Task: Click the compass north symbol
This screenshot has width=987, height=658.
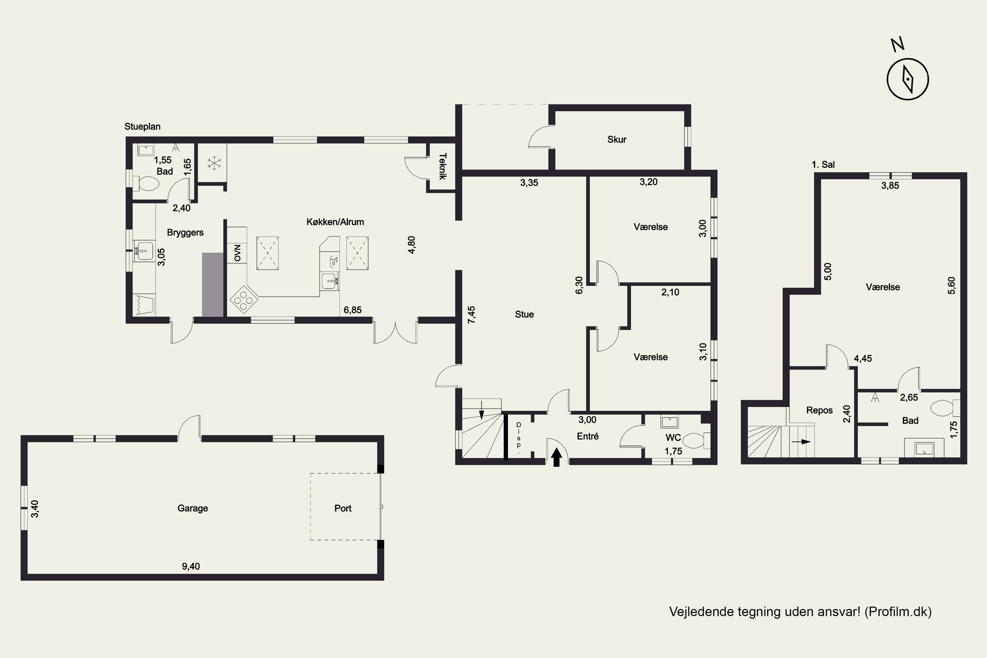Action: (x=907, y=79)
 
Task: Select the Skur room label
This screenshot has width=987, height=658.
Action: (x=617, y=139)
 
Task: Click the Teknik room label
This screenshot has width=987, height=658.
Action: (x=442, y=166)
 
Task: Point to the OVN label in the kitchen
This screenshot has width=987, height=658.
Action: (x=238, y=253)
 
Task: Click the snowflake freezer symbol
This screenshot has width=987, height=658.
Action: (x=215, y=163)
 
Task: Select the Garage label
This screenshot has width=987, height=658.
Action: (x=192, y=508)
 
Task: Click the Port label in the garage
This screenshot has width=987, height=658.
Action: (x=343, y=508)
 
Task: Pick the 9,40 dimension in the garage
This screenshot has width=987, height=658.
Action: (x=190, y=566)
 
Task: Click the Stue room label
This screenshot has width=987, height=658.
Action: (x=524, y=314)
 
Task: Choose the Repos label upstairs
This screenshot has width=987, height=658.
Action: (x=819, y=410)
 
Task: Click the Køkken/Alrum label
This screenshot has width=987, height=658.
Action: (x=335, y=221)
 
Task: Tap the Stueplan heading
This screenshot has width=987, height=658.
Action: (x=142, y=126)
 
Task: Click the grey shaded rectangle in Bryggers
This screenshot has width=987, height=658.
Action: (x=213, y=285)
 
